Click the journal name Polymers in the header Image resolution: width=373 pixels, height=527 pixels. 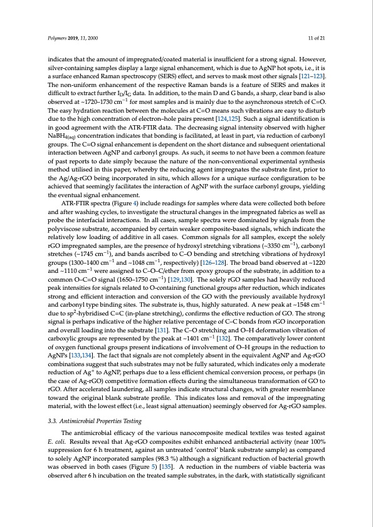58,39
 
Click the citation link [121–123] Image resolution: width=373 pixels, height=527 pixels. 313,75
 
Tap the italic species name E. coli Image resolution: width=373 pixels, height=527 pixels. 57,439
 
